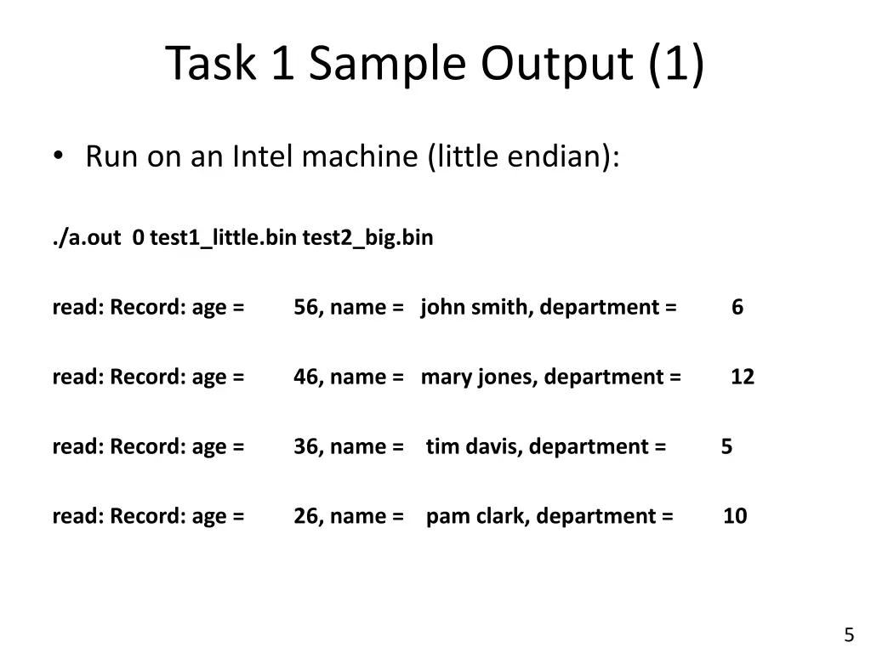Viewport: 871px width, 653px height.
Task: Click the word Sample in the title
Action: (387, 65)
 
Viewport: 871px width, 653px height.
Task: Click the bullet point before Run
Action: (58, 156)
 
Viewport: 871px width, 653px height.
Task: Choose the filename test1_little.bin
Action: (223, 238)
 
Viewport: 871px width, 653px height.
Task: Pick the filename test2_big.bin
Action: (367, 238)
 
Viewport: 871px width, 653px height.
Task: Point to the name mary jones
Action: (478, 377)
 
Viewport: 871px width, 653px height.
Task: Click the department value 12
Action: (742, 377)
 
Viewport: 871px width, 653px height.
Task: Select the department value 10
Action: (735, 516)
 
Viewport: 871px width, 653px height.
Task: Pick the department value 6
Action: (737, 307)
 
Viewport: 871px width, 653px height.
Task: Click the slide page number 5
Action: (849, 634)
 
